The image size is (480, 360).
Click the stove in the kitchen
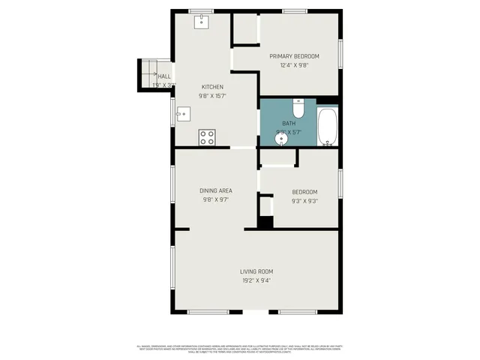click(x=207, y=137)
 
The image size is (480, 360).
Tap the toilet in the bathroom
click(x=298, y=109)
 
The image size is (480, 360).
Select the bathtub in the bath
click(x=328, y=127)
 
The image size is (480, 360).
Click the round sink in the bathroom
click(x=282, y=139)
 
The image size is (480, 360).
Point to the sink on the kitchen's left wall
click(x=182, y=115)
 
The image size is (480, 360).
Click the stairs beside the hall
click(x=148, y=75)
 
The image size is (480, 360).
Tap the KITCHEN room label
click(x=212, y=87)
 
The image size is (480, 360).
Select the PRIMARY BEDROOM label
click(x=295, y=56)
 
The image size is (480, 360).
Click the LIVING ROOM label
click(x=256, y=271)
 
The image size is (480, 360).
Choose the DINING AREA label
click(x=215, y=191)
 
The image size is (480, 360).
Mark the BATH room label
click(x=289, y=123)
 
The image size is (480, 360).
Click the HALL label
click(x=164, y=76)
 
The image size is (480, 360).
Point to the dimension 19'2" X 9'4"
click(x=256, y=280)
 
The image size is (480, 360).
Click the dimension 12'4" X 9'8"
click(x=295, y=65)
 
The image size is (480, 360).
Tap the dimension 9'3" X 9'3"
click(x=304, y=201)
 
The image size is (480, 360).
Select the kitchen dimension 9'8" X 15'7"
click(x=212, y=96)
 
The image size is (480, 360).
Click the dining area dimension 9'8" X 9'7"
click(x=215, y=200)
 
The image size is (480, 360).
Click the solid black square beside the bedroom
click(x=265, y=222)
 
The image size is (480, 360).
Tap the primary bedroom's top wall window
click(x=294, y=10)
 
